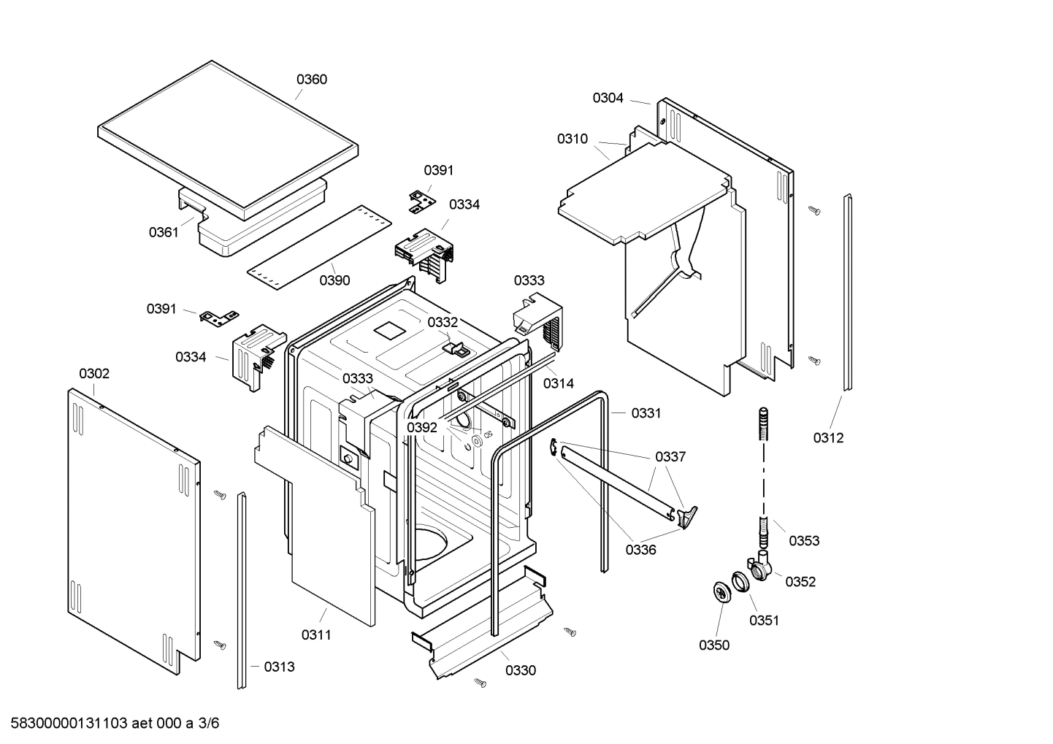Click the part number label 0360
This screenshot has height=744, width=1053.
click(x=311, y=80)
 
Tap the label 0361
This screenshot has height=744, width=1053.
click(x=164, y=232)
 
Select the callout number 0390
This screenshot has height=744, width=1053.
click(x=334, y=280)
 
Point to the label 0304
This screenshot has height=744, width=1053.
click(x=608, y=98)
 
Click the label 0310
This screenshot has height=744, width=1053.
click(x=572, y=139)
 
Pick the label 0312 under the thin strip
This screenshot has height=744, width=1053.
click(x=828, y=437)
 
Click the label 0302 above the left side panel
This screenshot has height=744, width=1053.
click(x=94, y=374)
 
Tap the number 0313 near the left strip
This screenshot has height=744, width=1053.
click(x=279, y=667)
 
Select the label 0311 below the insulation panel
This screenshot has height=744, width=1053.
click(x=316, y=634)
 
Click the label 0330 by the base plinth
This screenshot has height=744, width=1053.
click(x=520, y=670)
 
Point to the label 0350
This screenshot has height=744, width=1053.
click(x=713, y=645)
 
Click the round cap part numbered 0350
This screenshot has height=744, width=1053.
click(x=721, y=592)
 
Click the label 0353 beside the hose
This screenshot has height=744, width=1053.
click(x=803, y=540)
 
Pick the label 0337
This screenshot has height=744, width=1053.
click(x=670, y=457)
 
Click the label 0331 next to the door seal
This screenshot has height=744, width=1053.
click(x=646, y=413)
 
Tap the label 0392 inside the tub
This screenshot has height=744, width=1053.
click(x=421, y=427)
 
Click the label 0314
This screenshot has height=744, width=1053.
click(x=558, y=383)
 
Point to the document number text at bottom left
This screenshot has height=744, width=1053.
click(x=111, y=724)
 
